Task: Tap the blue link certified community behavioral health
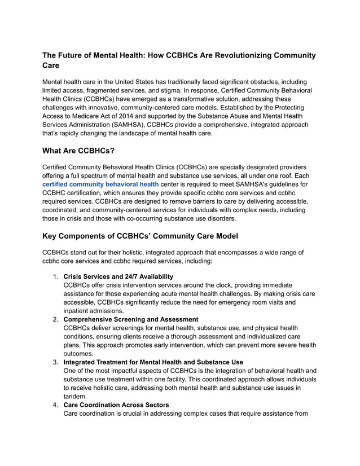coord(100,183)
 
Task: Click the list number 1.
coord(55,276)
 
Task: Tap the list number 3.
coord(55,362)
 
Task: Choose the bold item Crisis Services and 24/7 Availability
coord(118,276)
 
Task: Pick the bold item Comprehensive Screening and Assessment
coord(130,319)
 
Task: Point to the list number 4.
coord(55,405)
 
